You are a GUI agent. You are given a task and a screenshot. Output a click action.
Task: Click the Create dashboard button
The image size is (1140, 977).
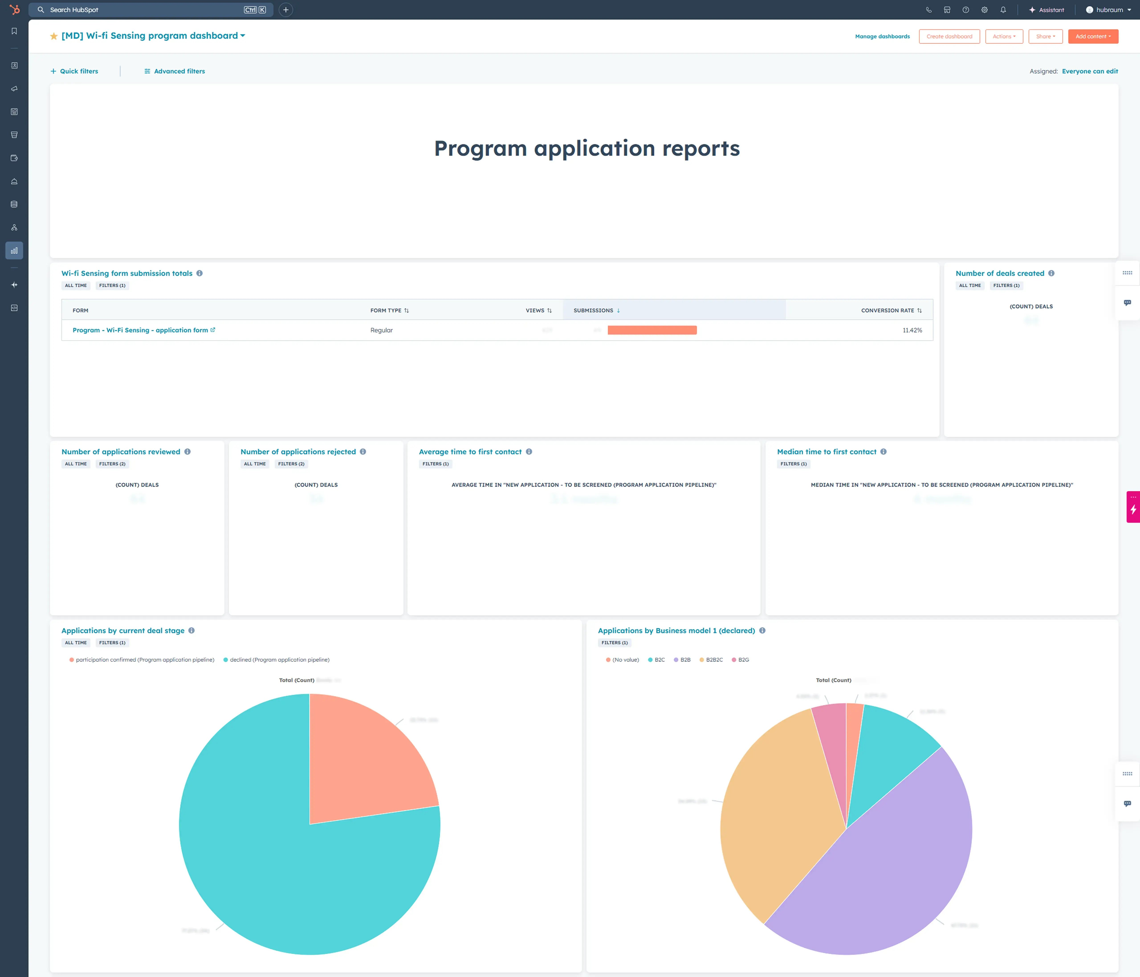(x=949, y=36)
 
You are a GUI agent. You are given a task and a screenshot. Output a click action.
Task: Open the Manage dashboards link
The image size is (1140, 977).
(x=882, y=36)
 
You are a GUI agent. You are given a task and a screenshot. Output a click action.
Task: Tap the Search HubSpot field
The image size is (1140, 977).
(x=143, y=10)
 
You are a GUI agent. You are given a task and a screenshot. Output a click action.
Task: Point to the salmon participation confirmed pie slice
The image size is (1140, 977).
(x=363, y=759)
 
